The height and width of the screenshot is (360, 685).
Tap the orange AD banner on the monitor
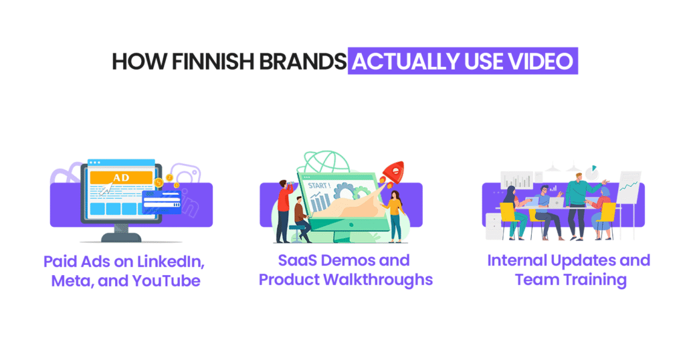click(x=122, y=178)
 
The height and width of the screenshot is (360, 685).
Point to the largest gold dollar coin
click(x=159, y=183)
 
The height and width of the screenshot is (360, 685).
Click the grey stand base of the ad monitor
click(x=124, y=236)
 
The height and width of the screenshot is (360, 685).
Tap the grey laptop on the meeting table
click(x=556, y=201)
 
